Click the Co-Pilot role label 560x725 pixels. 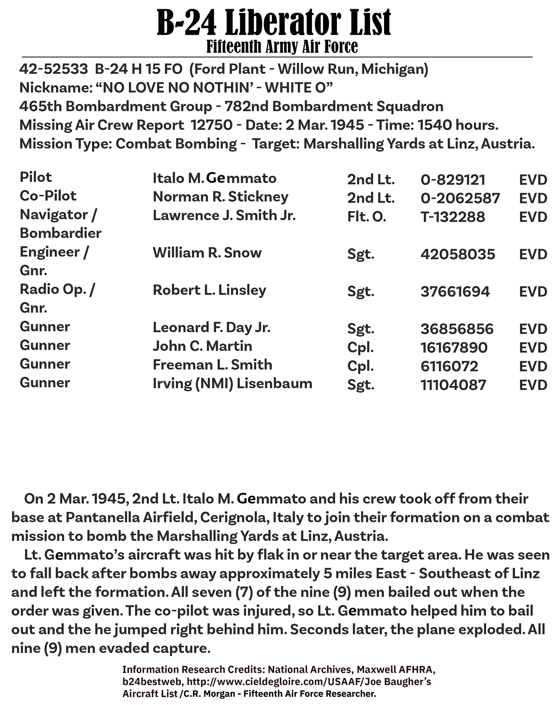coord(48,196)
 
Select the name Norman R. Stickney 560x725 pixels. coord(220,197)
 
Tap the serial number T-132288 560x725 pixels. coord(453,217)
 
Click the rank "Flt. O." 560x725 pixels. coord(367,217)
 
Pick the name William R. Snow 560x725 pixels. coord(207,253)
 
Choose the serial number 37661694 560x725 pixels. coord(455,292)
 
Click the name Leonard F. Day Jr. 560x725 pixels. coord(211,328)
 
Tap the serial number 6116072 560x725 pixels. coord(449,366)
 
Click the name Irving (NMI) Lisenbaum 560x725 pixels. coord(232,384)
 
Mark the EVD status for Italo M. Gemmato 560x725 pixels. coord(533,180)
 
